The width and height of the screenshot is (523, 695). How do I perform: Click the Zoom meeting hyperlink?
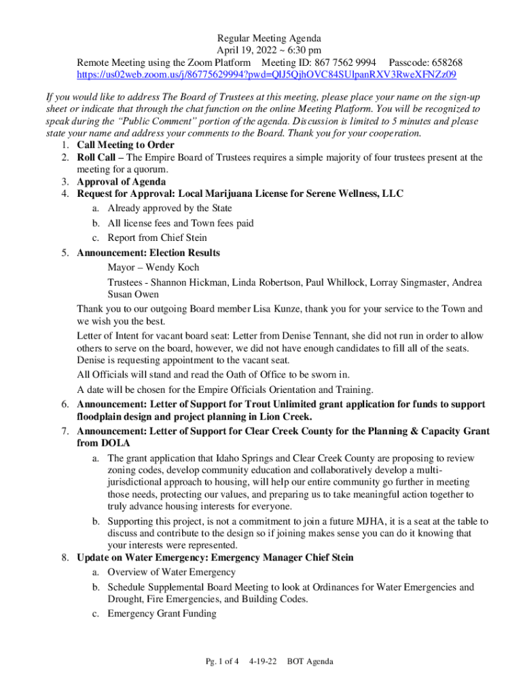coord(266,74)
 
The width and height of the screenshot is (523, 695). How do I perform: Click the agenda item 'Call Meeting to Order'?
coord(126,145)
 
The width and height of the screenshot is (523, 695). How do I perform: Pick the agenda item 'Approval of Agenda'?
coord(121,182)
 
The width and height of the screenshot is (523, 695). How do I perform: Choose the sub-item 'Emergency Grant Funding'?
coord(162,614)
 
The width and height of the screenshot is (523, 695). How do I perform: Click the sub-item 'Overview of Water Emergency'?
coord(172,572)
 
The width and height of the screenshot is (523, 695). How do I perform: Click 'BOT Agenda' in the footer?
coord(310,661)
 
